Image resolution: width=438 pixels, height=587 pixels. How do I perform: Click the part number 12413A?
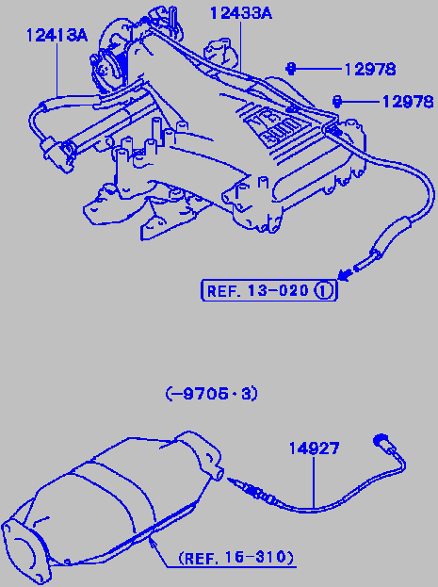click(x=57, y=36)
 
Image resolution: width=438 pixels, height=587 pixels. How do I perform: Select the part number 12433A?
click(x=241, y=13)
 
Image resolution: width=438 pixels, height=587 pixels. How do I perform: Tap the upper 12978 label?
click(x=369, y=70)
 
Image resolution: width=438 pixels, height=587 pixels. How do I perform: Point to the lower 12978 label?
click(x=408, y=102)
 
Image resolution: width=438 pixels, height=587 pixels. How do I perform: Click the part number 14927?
click(x=314, y=448)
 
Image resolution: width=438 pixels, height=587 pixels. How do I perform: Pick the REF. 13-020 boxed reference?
click(x=269, y=290)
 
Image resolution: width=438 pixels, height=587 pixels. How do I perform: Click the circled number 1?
click(x=324, y=290)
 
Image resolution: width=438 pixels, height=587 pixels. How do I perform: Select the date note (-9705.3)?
click(x=212, y=394)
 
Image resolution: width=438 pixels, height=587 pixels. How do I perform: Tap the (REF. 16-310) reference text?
click(x=236, y=558)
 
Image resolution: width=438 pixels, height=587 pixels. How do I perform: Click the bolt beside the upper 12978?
click(x=290, y=69)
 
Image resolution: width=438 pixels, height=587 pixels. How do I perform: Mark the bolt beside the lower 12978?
click(x=337, y=101)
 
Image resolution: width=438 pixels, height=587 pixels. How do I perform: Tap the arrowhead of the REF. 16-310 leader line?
click(x=152, y=542)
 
